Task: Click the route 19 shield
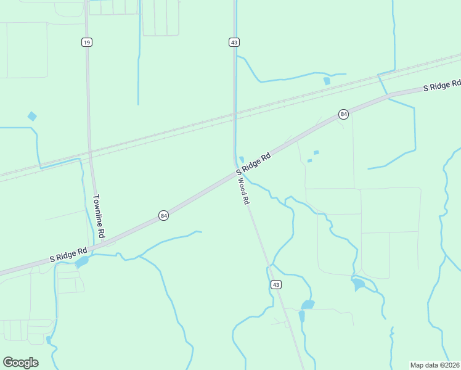(86, 41)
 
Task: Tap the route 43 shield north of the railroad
(234, 42)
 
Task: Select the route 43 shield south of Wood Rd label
(277, 284)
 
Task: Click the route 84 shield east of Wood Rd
(343, 114)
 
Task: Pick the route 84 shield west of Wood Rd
(163, 215)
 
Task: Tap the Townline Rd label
(99, 217)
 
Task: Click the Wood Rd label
(244, 191)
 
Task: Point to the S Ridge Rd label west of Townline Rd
(68, 254)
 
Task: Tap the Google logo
(20, 363)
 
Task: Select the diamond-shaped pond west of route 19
(32, 116)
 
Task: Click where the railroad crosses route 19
(89, 149)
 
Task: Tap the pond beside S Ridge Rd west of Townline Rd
(81, 261)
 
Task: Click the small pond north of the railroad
(327, 81)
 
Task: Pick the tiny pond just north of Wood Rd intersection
(242, 160)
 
